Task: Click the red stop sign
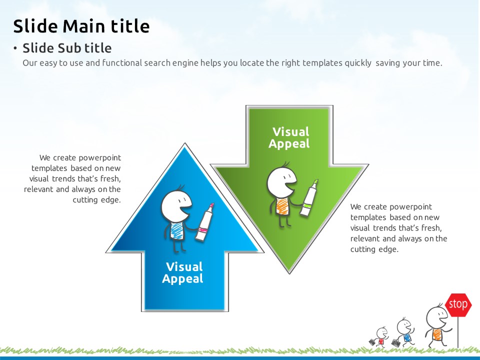[458, 305]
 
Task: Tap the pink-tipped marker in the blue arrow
[204, 221]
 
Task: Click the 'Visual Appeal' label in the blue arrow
[183, 272]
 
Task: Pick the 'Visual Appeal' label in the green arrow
[289, 138]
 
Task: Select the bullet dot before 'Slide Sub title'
[15, 48]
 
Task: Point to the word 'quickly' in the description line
[358, 63]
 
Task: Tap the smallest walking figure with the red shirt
[379, 337]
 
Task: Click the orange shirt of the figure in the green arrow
[282, 205]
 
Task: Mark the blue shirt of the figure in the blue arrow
[176, 230]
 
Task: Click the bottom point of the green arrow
[289, 273]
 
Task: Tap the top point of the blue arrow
[184, 143]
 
